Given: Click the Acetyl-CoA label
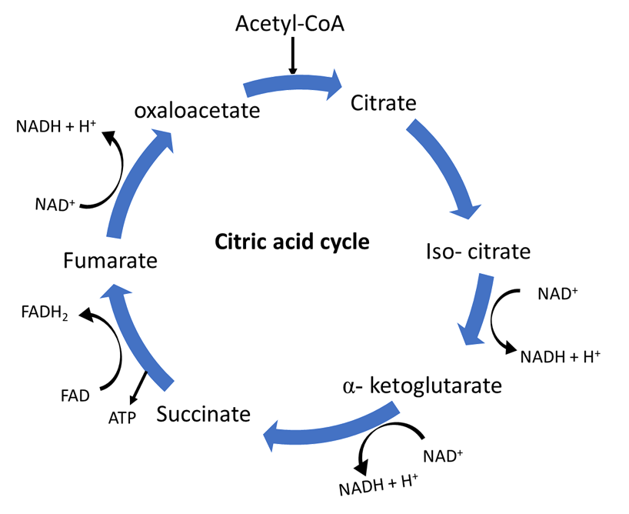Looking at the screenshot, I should point(290,24).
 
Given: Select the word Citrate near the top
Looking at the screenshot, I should point(383,102).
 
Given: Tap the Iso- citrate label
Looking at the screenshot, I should point(478,252).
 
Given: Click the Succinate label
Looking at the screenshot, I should point(204,414).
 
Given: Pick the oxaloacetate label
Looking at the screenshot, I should point(197,110).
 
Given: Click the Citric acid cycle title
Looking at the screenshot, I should point(292,242).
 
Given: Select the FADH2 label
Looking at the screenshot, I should point(42,312).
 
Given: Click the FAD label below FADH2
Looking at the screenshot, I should point(75,396).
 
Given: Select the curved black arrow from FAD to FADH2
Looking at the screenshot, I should point(115,346).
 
